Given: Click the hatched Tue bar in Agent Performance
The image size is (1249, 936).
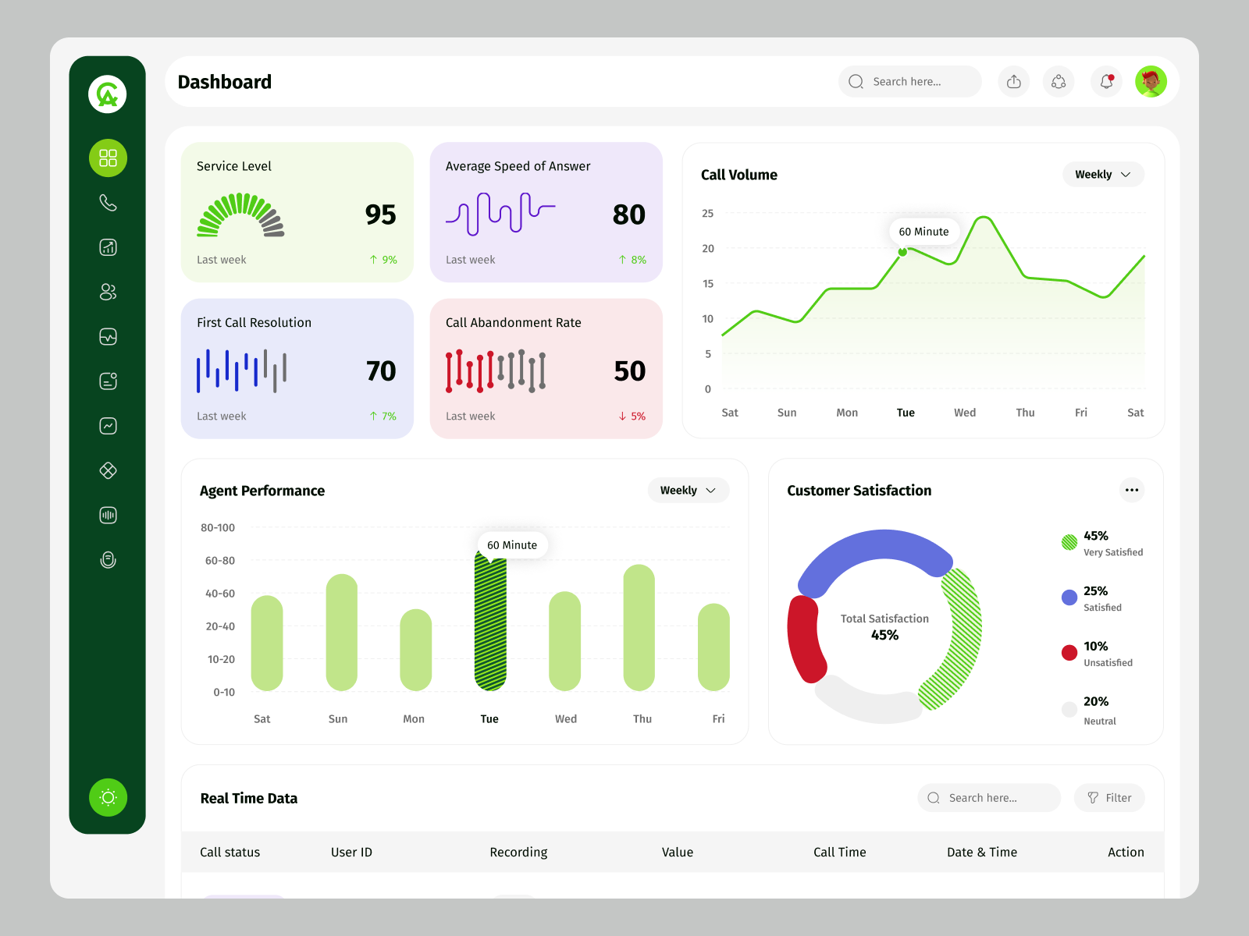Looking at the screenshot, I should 490,624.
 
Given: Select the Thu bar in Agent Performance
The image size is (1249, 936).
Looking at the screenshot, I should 639,628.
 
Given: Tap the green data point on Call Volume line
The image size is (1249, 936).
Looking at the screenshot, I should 902,252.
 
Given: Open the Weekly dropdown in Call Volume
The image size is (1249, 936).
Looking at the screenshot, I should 1102,175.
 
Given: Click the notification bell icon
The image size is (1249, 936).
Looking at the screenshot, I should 1106,81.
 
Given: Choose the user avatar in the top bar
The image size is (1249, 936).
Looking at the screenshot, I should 1151,81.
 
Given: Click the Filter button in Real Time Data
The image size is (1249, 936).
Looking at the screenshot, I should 1109,798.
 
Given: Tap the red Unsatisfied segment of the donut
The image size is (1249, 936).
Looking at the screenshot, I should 806,638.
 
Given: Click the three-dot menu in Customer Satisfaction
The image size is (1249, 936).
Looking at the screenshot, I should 1131,490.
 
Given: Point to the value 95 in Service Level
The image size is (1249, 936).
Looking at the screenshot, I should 380,214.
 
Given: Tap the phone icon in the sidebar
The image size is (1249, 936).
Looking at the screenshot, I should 108,203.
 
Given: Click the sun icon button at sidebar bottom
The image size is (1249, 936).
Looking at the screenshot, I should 108,797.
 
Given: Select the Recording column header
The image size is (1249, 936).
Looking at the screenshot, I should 518,853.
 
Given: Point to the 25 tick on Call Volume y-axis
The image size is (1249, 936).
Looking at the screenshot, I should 707,213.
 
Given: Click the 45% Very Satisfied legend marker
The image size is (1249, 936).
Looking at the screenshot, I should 1069,542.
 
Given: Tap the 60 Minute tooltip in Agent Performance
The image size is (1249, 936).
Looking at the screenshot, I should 512,545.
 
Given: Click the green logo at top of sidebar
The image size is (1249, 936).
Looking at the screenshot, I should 108,94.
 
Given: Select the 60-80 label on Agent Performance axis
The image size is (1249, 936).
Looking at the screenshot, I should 219,561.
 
